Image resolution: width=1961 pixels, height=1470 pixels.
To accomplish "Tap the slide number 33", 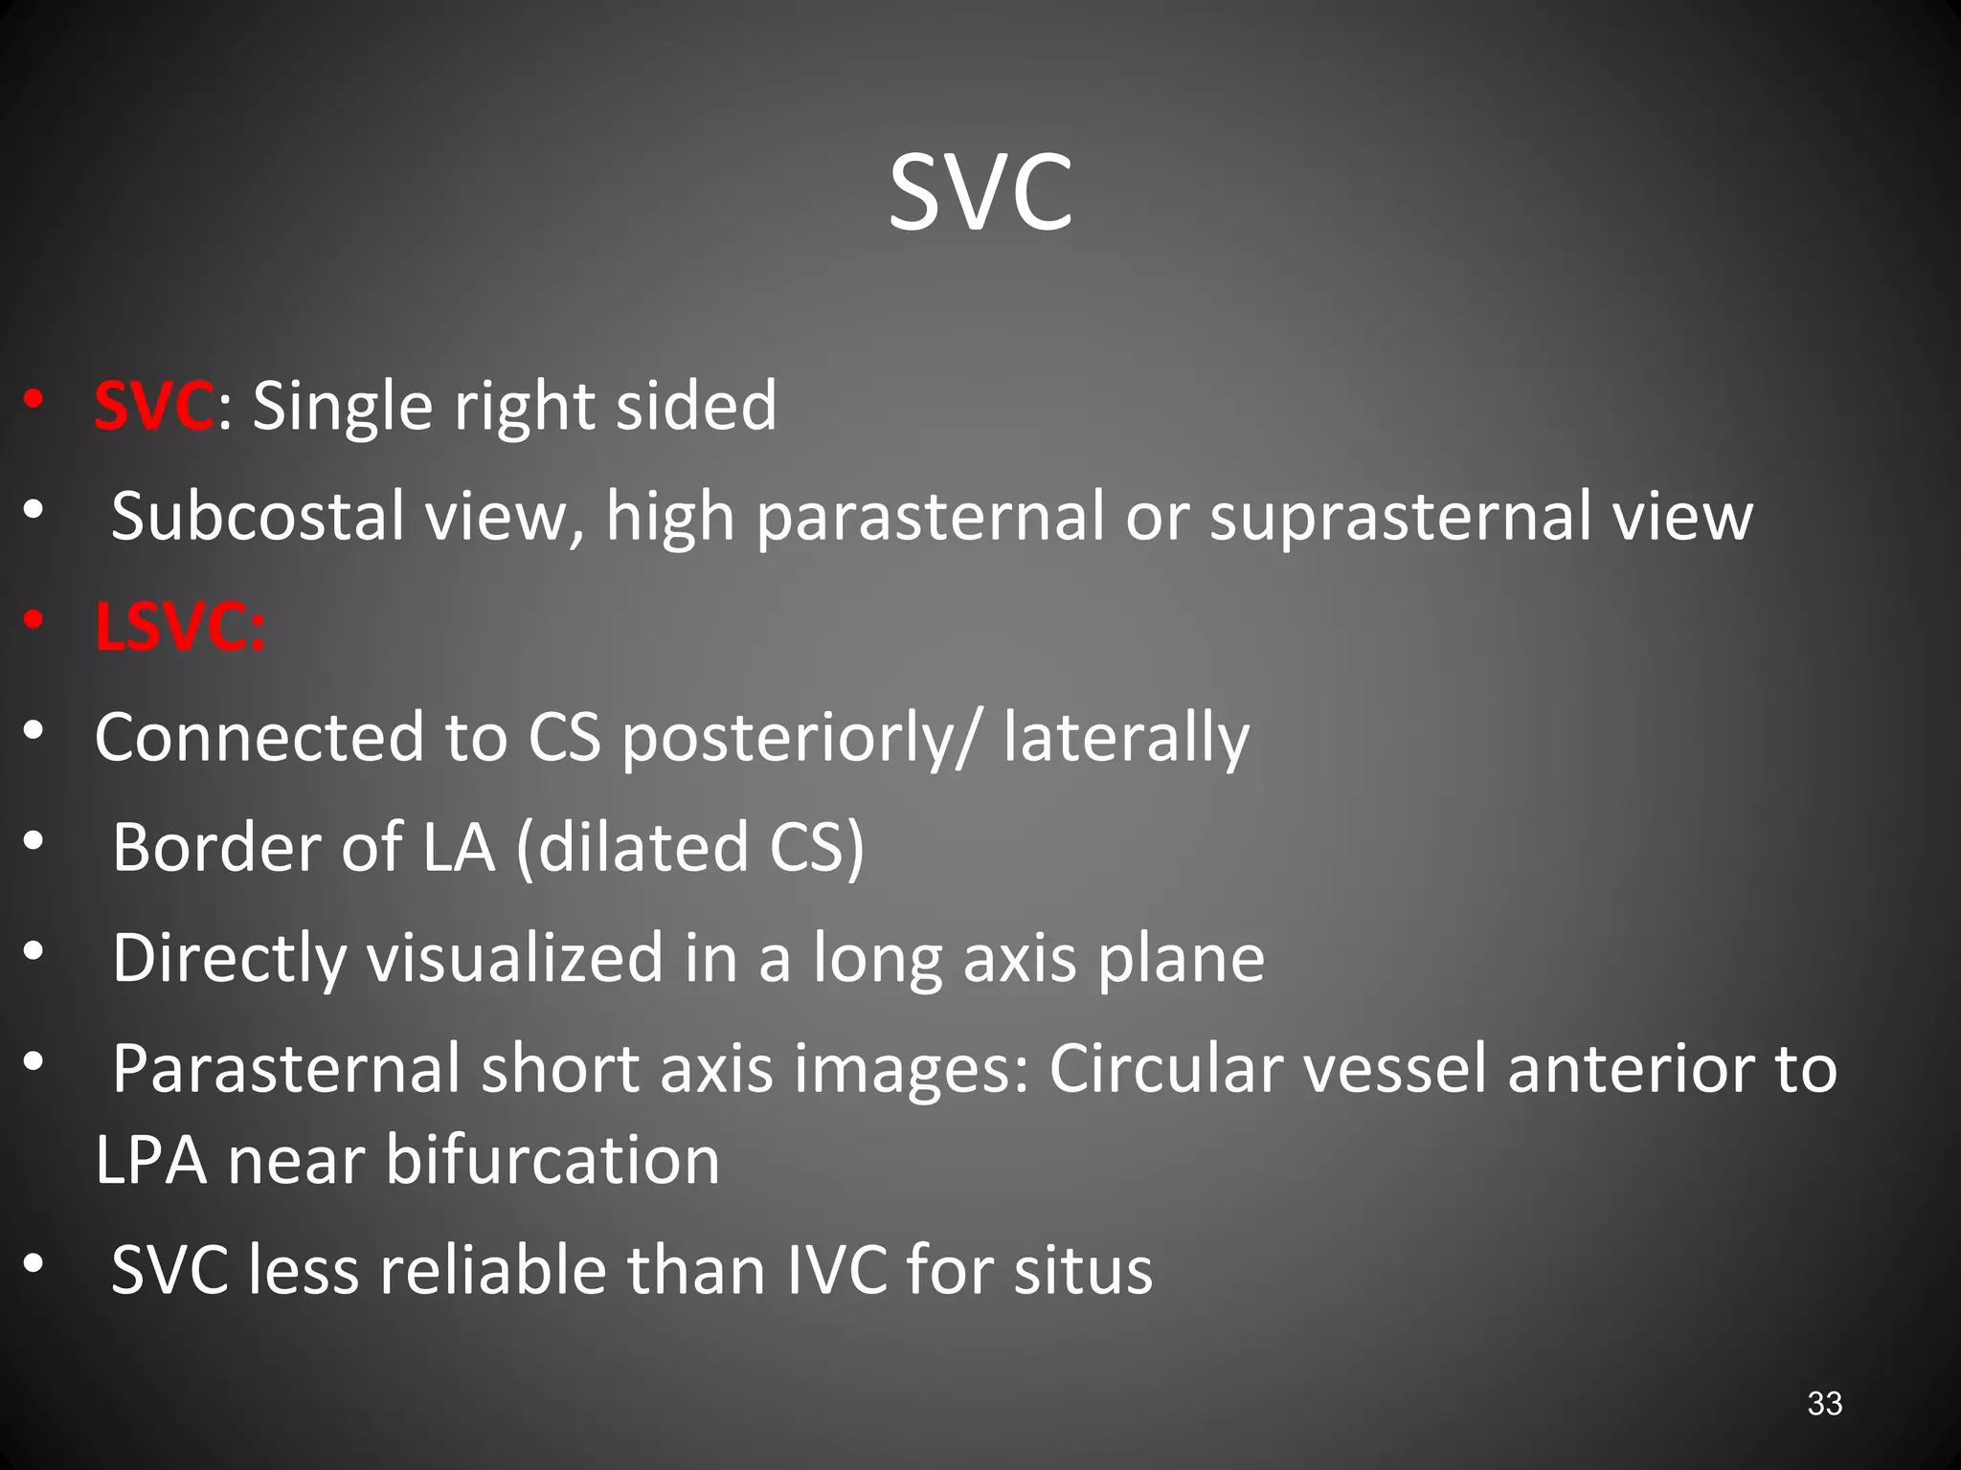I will [1824, 1403].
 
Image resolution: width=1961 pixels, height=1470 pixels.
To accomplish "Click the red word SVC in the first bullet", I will [153, 406].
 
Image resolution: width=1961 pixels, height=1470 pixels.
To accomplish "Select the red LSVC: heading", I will [180, 628].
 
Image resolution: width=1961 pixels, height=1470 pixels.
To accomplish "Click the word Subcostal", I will [258, 517].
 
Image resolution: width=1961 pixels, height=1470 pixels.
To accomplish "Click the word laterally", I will [1126, 738].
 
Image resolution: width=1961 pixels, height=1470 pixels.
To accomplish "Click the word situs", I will [1083, 1270].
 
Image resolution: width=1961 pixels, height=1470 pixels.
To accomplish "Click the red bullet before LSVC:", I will [34, 622].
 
